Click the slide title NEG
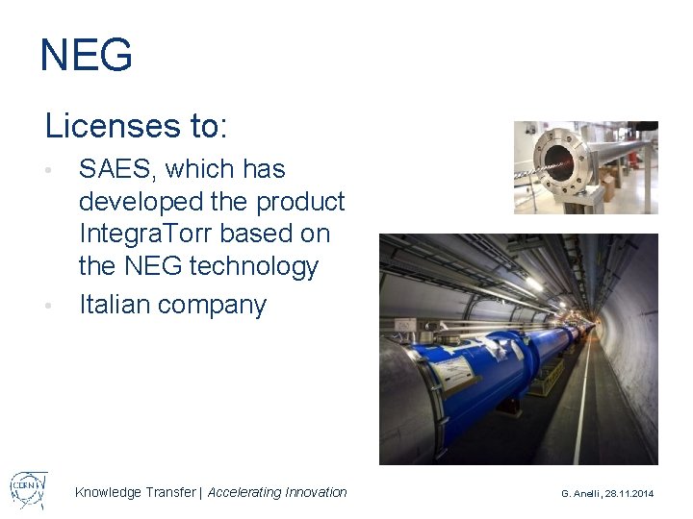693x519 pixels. [x=86, y=56]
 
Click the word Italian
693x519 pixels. [x=114, y=305]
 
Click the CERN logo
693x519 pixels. [x=29, y=490]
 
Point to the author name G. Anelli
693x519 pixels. [x=582, y=493]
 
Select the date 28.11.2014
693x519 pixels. [x=630, y=493]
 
